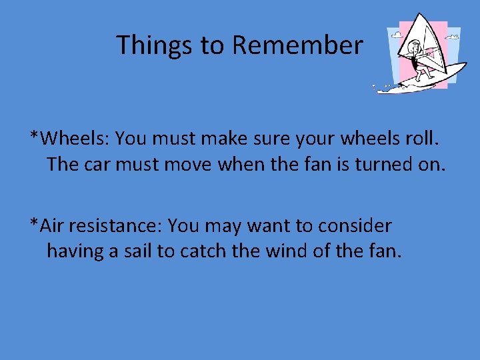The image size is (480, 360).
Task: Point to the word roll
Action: (421, 138)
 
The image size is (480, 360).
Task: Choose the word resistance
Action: (115, 226)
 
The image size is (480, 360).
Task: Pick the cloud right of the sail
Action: (454, 33)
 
